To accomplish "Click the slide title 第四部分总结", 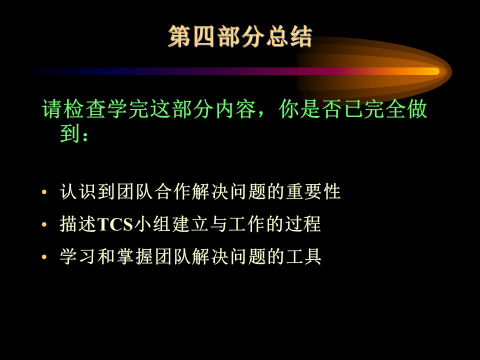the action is coord(240,36).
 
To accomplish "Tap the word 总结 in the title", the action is coord(288,36).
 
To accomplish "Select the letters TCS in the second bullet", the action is coord(115,224).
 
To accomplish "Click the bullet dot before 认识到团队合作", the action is coord(44,192).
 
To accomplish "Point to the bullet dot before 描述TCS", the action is coord(44,224).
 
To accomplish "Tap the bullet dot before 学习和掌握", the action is coord(44,257).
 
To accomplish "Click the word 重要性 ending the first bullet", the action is coord(313,192).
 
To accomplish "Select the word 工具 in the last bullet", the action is coord(303,256).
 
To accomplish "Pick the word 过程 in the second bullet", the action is coord(303,224).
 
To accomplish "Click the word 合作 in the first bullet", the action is coord(172,192).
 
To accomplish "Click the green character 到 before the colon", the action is coord(70,133).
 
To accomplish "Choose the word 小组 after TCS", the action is coord(152,224).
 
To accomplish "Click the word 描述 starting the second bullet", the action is coord(78,224).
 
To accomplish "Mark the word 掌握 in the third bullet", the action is coord(134,256).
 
